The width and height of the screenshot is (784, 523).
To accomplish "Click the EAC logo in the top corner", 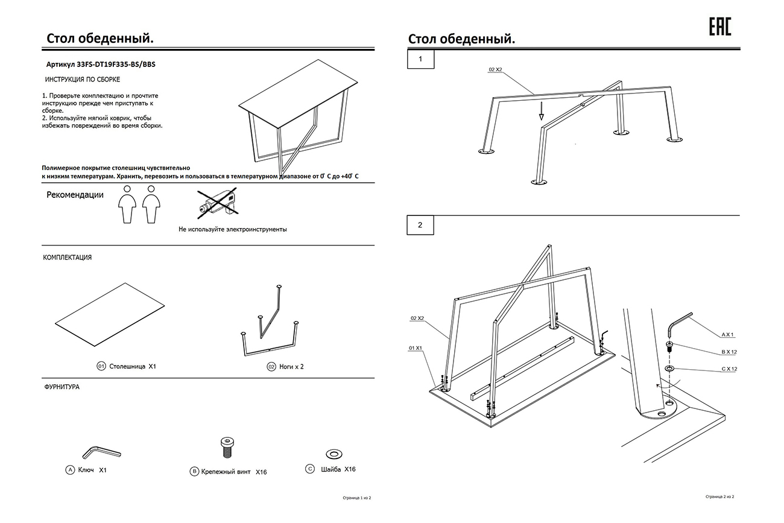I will [x=719, y=27].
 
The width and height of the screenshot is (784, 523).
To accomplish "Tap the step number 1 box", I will [x=420, y=60].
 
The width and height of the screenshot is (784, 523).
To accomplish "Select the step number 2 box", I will [x=420, y=225].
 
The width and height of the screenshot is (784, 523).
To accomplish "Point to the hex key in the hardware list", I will [x=101, y=451].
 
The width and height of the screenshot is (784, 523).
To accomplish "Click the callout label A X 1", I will [x=729, y=334].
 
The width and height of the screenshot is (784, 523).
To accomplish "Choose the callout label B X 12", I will [x=729, y=351].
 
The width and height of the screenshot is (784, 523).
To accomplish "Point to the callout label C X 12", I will [x=729, y=369].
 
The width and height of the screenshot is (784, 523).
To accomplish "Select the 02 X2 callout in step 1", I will [x=495, y=70].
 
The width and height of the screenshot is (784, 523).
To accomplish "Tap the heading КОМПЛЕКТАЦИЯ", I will [x=68, y=258].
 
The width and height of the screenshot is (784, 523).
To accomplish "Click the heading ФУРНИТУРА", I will [x=62, y=387].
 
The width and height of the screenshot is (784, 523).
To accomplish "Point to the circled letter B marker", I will [x=194, y=471].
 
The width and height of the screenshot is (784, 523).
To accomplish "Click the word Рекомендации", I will [x=75, y=195].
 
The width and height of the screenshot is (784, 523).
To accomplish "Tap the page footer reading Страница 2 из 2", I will [x=722, y=496].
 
